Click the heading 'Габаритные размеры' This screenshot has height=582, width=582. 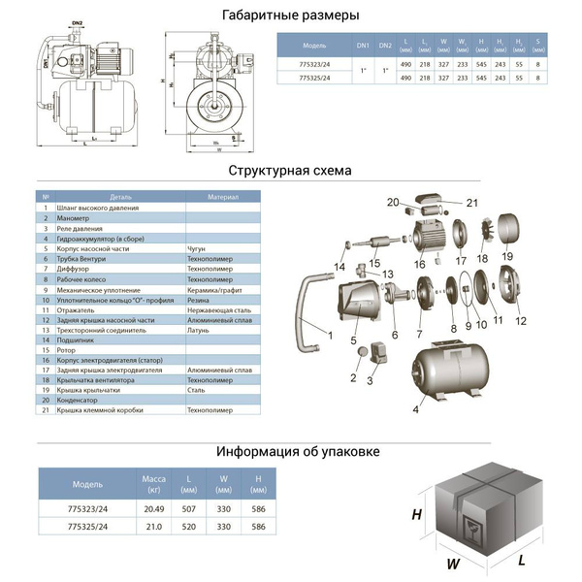(x=290, y=16)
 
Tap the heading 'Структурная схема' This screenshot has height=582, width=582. (x=290, y=171)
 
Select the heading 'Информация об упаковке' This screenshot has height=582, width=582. (x=298, y=452)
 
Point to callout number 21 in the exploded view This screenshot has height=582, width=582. (x=472, y=203)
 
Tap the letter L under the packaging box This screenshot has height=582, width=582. (x=521, y=560)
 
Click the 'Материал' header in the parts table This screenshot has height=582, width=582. (x=222, y=197)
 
